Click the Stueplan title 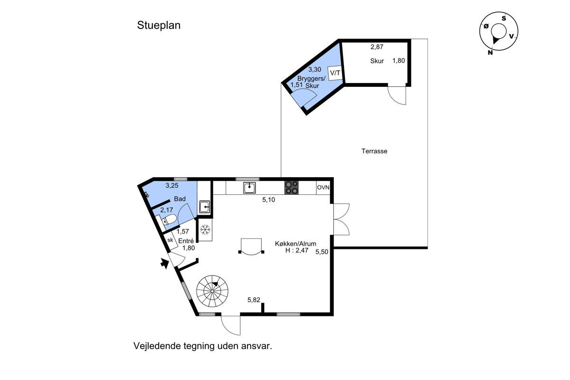159,26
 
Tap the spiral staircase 212,291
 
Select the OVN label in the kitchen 323,188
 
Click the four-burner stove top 291,188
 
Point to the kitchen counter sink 249,188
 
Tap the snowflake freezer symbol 205,230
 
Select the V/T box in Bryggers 335,73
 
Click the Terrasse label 374,151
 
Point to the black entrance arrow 165,264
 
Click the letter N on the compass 490,53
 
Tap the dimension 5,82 254,300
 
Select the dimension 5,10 269,200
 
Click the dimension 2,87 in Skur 377,47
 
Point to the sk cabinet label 170,240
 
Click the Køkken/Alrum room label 295,244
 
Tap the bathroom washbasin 205,207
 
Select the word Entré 186,241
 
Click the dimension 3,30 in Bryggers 315,69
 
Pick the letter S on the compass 504,19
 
